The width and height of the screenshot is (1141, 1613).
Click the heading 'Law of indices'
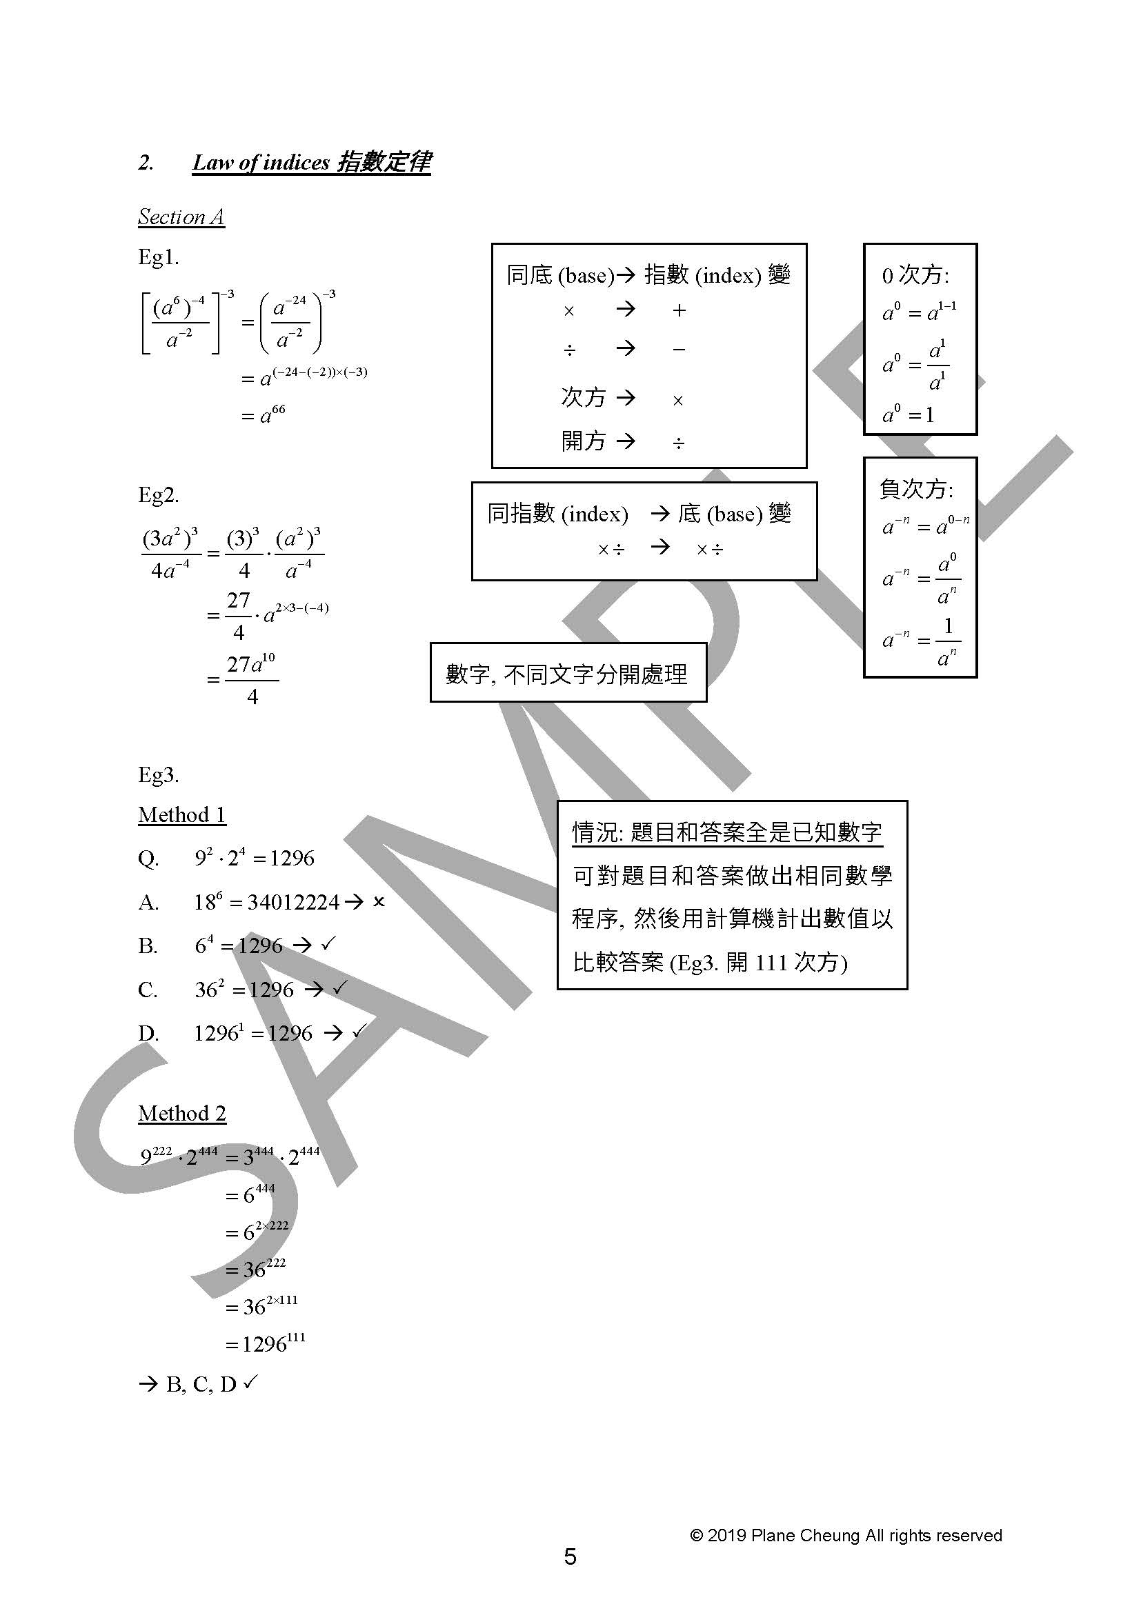pyautogui.click(x=261, y=163)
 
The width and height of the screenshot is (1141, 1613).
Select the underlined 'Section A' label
pyautogui.click(x=181, y=217)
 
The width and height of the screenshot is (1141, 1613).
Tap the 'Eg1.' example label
pyautogui.click(x=159, y=257)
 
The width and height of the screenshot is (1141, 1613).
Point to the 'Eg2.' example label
pyautogui.click(x=159, y=495)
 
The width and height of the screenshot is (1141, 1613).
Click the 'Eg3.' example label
pyautogui.click(x=159, y=775)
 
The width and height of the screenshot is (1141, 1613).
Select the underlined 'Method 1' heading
pyautogui.click(x=182, y=815)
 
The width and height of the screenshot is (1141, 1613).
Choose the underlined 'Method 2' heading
pyautogui.click(x=182, y=1114)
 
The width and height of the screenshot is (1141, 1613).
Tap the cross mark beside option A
pyautogui.click(x=379, y=902)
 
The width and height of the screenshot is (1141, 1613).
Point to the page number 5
pyautogui.click(x=570, y=1558)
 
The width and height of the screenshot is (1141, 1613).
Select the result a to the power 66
pyautogui.click(x=264, y=414)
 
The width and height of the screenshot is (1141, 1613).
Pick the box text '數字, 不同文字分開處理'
pyautogui.click(x=567, y=674)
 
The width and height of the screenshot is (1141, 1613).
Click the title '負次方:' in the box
pyautogui.click(x=916, y=489)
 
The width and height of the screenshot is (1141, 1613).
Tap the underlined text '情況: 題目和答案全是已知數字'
pyautogui.click(x=727, y=832)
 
